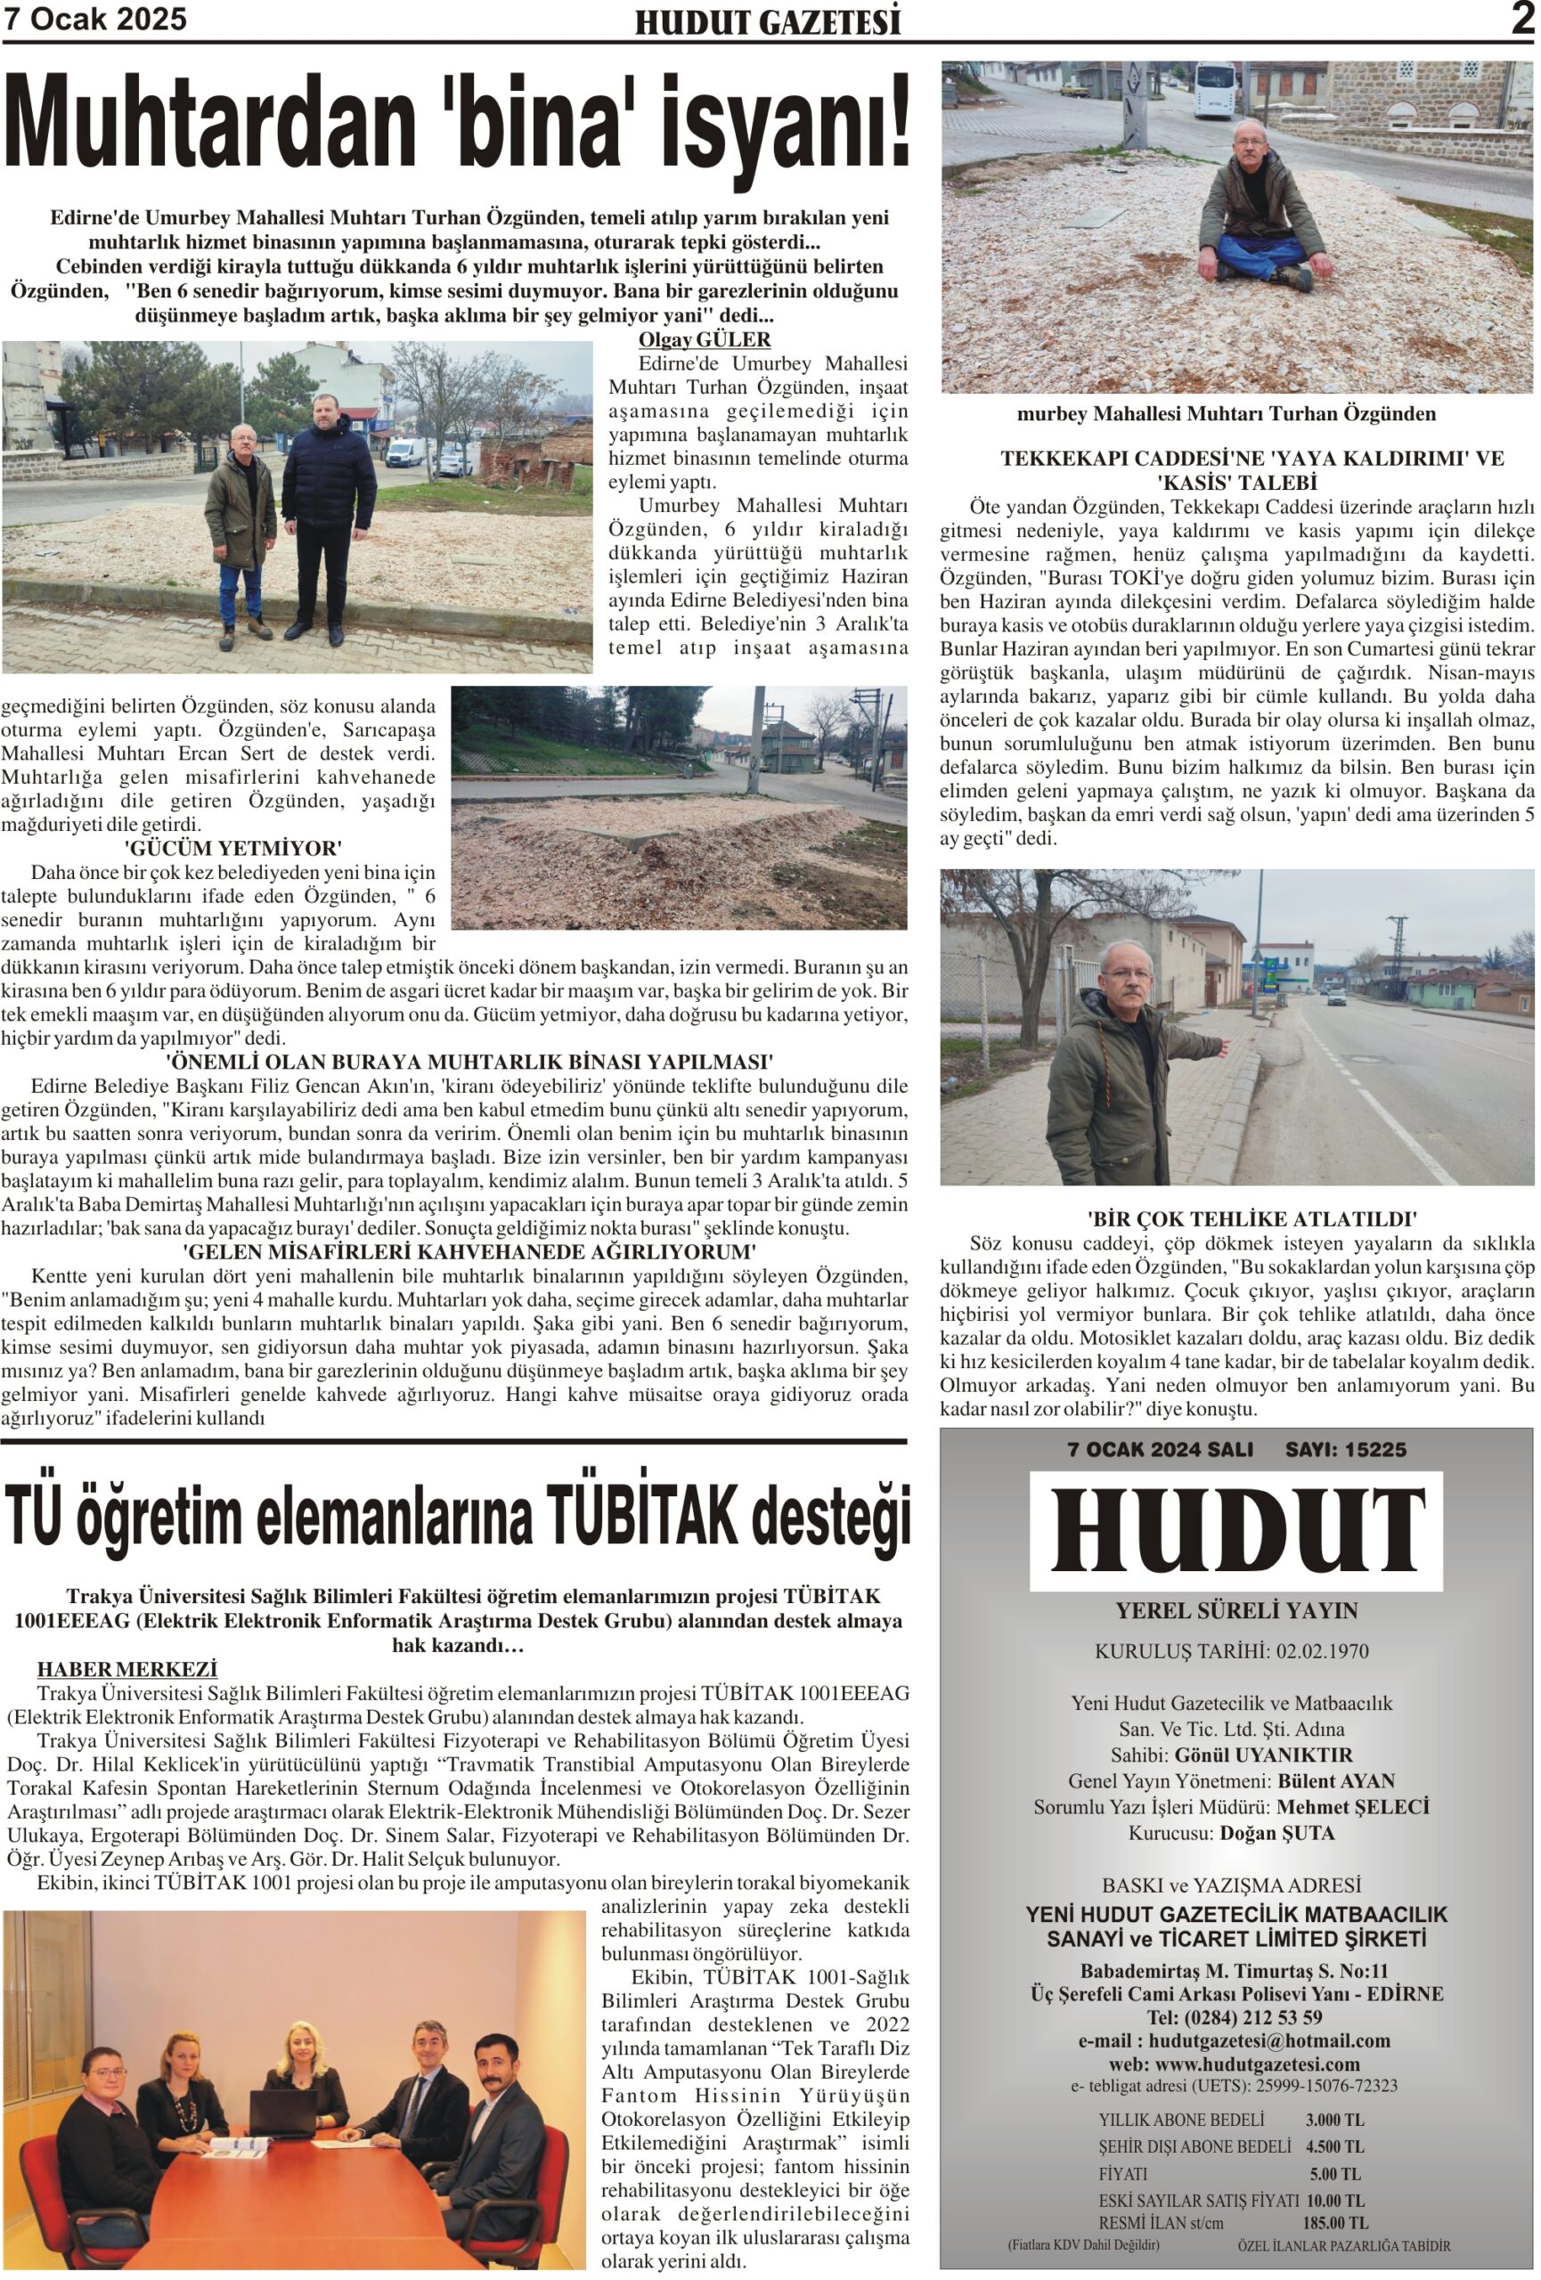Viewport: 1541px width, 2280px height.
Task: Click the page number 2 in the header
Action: pos(1521,19)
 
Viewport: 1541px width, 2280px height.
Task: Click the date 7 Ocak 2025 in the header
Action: pos(95,20)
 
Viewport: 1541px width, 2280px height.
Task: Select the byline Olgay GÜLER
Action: pos(705,339)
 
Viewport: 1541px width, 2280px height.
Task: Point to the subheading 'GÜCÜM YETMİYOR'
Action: pos(232,848)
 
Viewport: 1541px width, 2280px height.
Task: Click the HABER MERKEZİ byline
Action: pos(126,1669)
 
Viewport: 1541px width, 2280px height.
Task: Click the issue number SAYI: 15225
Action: pos(1346,1450)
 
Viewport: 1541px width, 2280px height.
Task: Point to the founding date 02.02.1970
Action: pos(1321,1651)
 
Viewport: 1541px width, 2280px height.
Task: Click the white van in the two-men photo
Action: pos(404,452)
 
